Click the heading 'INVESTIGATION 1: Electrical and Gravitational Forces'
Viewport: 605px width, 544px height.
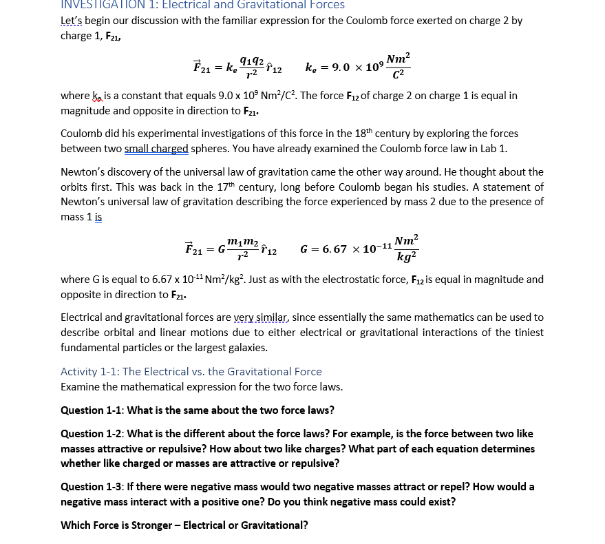(x=202, y=5)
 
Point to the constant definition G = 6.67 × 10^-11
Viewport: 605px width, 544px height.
(x=359, y=249)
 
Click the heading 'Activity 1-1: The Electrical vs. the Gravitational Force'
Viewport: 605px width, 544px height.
(x=191, y=371)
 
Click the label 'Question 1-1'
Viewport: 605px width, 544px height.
(x=92, y=410)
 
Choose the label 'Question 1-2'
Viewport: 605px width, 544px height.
(x=92, y=434)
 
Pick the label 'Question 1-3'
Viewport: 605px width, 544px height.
(x=92, y=487)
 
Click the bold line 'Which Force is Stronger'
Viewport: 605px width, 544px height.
(x=184, y=525)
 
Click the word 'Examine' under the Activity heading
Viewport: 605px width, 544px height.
(x=81, y=386)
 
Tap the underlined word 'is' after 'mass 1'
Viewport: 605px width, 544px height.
(x=98, y=217)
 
